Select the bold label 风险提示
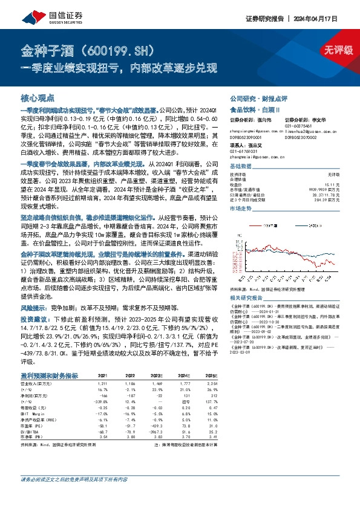point(34,307)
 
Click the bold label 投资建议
point(34,317)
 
